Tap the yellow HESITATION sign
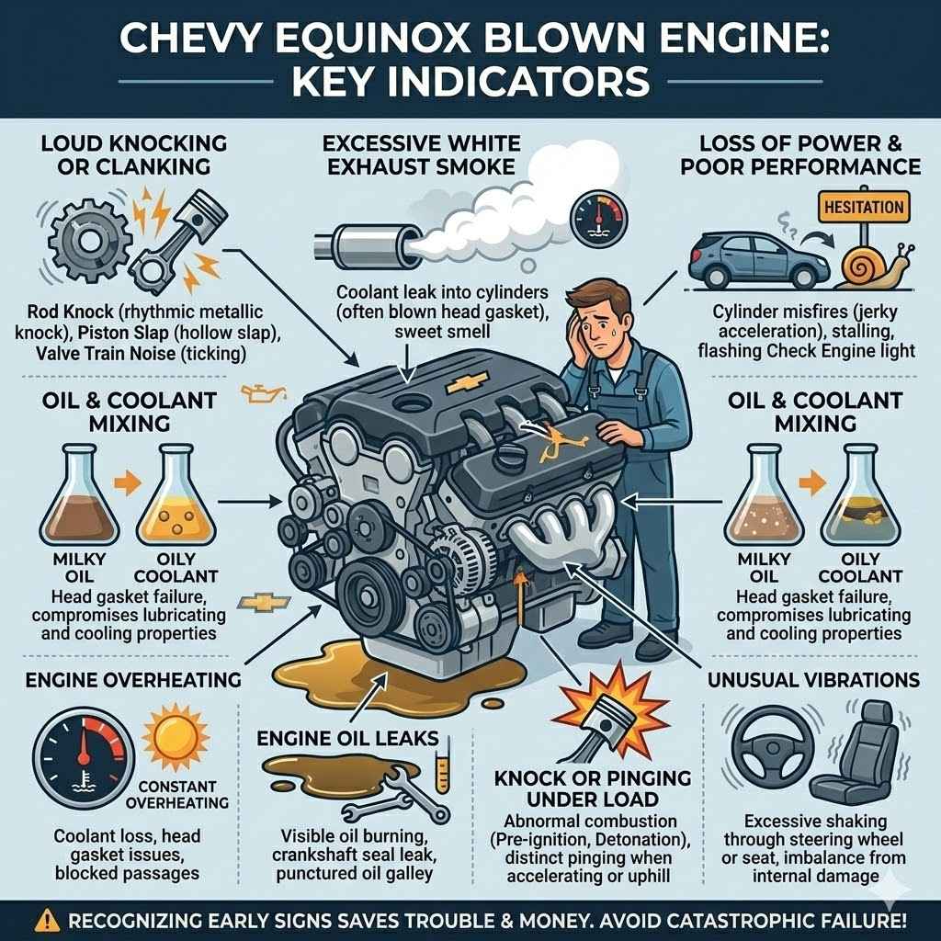pyautogui.click(x=865, y=207)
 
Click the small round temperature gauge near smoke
pyautogui.click(x=592, y=216)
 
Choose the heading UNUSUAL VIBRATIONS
pyautogui.click(x=814, y=680)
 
